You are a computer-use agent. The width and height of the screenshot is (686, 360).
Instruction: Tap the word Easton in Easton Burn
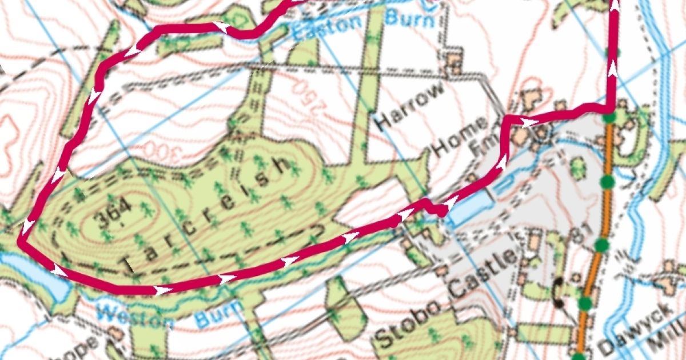click(x=328, y=26)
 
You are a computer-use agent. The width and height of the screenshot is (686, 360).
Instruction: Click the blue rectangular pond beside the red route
click(x=470, y=207)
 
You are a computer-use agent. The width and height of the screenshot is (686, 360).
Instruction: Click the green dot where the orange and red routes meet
click(x=610, y=118)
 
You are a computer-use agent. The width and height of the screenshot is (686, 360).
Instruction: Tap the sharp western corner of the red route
click(x=21, y=242)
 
